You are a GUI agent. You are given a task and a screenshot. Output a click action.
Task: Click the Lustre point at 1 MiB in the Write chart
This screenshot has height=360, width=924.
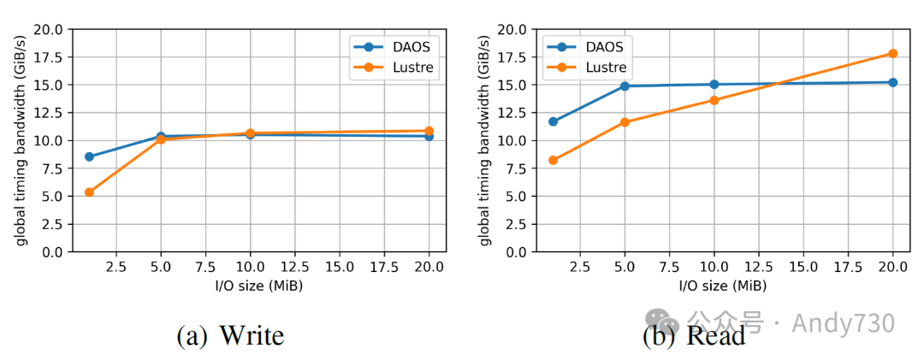(89, 192)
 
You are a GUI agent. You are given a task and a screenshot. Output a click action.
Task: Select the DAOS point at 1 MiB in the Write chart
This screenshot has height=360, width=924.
(89, 156)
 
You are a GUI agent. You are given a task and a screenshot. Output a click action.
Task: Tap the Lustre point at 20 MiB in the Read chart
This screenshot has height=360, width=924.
(893, 53)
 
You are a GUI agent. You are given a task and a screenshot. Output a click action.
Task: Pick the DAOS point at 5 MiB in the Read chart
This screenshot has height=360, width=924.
(625, 86)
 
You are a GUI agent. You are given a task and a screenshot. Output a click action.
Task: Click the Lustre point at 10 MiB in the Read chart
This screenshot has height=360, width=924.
(714, 100)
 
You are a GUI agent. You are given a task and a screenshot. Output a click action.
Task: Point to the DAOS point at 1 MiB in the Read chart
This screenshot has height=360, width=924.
(553, 121)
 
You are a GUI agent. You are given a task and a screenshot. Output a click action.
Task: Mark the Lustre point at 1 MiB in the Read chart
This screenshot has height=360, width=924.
(553, 160)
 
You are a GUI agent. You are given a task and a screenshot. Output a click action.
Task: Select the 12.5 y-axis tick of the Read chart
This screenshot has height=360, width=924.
(512, 113)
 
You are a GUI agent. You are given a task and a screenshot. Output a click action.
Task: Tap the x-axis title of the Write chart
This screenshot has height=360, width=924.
(258, 286)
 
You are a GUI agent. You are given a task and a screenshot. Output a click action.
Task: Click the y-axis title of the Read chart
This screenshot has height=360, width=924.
(485, 141)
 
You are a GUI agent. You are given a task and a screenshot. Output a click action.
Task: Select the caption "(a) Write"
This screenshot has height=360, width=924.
(230, 335)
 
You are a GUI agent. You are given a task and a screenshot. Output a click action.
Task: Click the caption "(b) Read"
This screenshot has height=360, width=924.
(694, 335)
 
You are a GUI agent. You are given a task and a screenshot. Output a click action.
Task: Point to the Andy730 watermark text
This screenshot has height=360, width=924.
(843, 323)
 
